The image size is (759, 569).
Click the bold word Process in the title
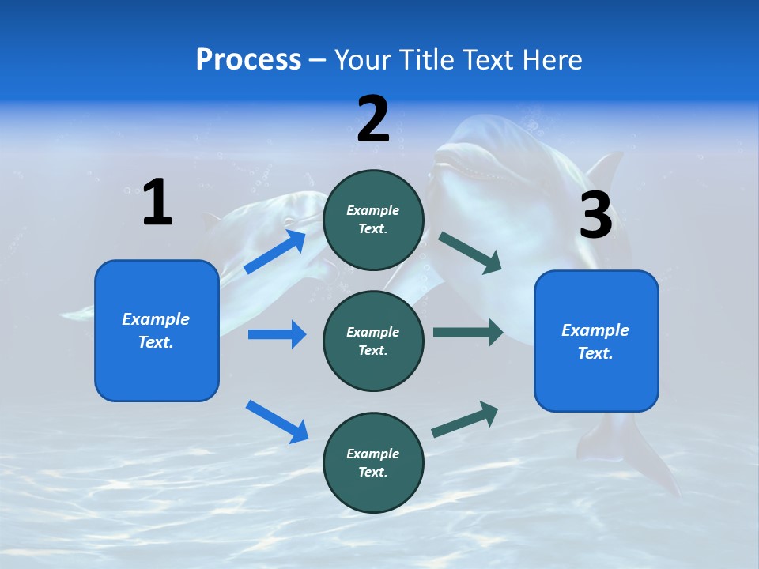click(248, 60)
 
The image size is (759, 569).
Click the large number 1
click(157, 202)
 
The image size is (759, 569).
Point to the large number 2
click(373, 120)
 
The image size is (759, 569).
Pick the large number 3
click(595, 215)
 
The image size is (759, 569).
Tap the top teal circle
click(374, 220)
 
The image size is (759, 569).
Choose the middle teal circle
click(374, 341)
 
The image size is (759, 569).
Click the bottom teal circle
click(374, 463)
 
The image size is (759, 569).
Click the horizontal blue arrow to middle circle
click(277, 334)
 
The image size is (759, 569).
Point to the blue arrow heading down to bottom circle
click(277, 420)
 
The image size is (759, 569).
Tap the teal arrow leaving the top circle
click(470, 253)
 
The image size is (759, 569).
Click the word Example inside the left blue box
click(156, 319)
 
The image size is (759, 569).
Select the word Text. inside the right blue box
click(595, 353)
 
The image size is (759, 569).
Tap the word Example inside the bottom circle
click(373, 454)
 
